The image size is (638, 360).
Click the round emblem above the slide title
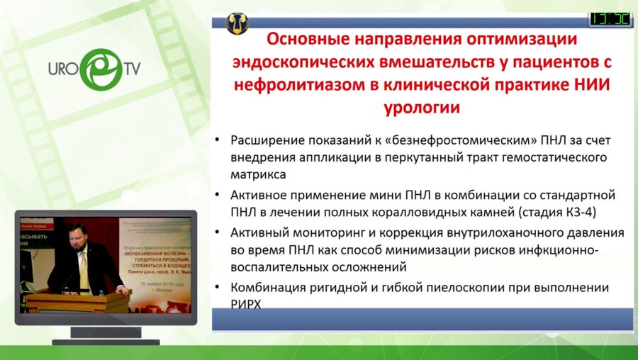tap(237, 22)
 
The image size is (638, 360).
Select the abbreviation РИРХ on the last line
tap(247, 305)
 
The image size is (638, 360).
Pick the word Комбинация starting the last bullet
tap(268, 288)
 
